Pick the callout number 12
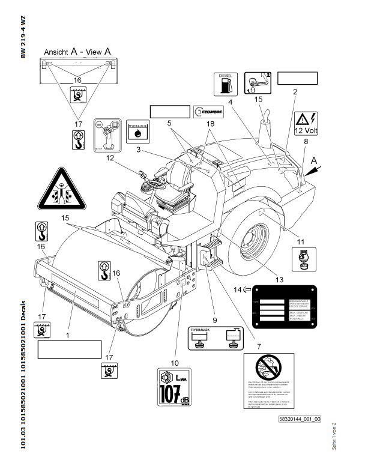[x=110, y=159]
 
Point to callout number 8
[x=305, y=141]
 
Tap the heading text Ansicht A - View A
[x=77, y=51]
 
